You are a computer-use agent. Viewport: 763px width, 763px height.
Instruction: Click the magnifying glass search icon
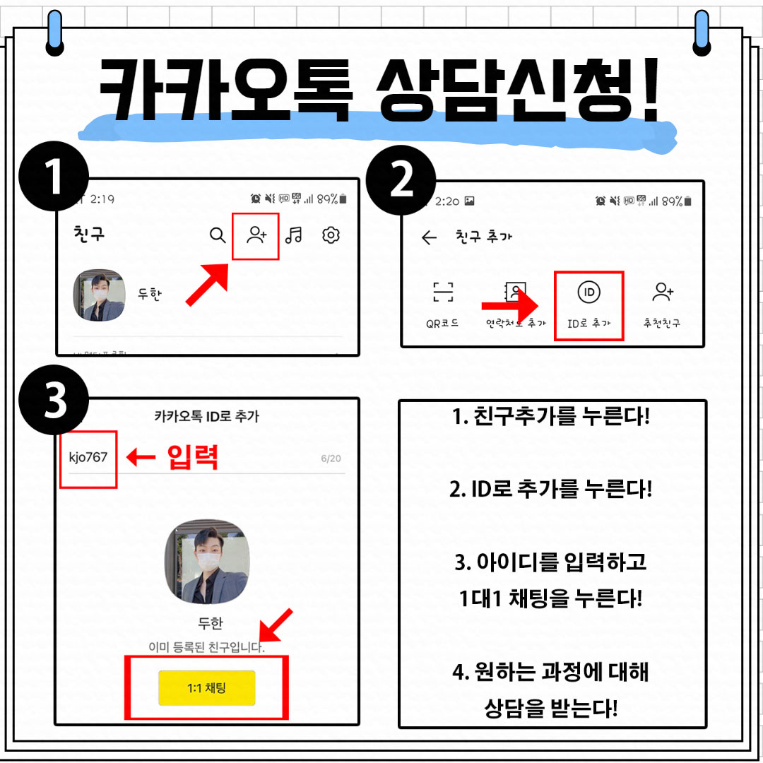[x=218, y=235]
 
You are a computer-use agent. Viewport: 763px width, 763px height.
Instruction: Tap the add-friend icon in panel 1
[x=256, y=235]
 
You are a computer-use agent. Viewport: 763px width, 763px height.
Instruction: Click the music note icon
[x=293, y=235]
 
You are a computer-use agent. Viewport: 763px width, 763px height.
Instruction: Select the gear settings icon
[x=331, y=235]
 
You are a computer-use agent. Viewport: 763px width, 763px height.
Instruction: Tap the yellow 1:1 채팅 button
[x=206, y=687]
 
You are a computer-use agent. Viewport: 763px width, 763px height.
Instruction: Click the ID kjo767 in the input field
[x=88, y=457]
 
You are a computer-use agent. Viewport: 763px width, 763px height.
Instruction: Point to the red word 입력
[x=193, y=458]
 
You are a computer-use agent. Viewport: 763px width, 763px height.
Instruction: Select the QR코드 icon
[x=443, y=292]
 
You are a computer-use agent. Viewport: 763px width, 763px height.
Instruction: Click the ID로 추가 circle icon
[x=588, y=292]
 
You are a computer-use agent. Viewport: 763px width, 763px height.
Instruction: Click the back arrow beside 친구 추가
[x=429, y=237]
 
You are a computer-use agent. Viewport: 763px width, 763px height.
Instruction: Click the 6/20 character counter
[x=331, y=459]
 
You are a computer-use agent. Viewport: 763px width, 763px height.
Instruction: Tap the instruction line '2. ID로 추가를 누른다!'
[x=551, y=489]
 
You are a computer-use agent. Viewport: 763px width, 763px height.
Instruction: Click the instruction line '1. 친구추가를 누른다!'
[x=551, y=416]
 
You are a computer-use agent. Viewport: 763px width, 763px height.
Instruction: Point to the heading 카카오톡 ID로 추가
[x=206, y=416]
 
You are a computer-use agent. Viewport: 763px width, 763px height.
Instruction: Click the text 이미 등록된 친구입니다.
[x=206, y=647]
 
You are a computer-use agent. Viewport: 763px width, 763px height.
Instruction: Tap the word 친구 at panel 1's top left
[x=89, y=234]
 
